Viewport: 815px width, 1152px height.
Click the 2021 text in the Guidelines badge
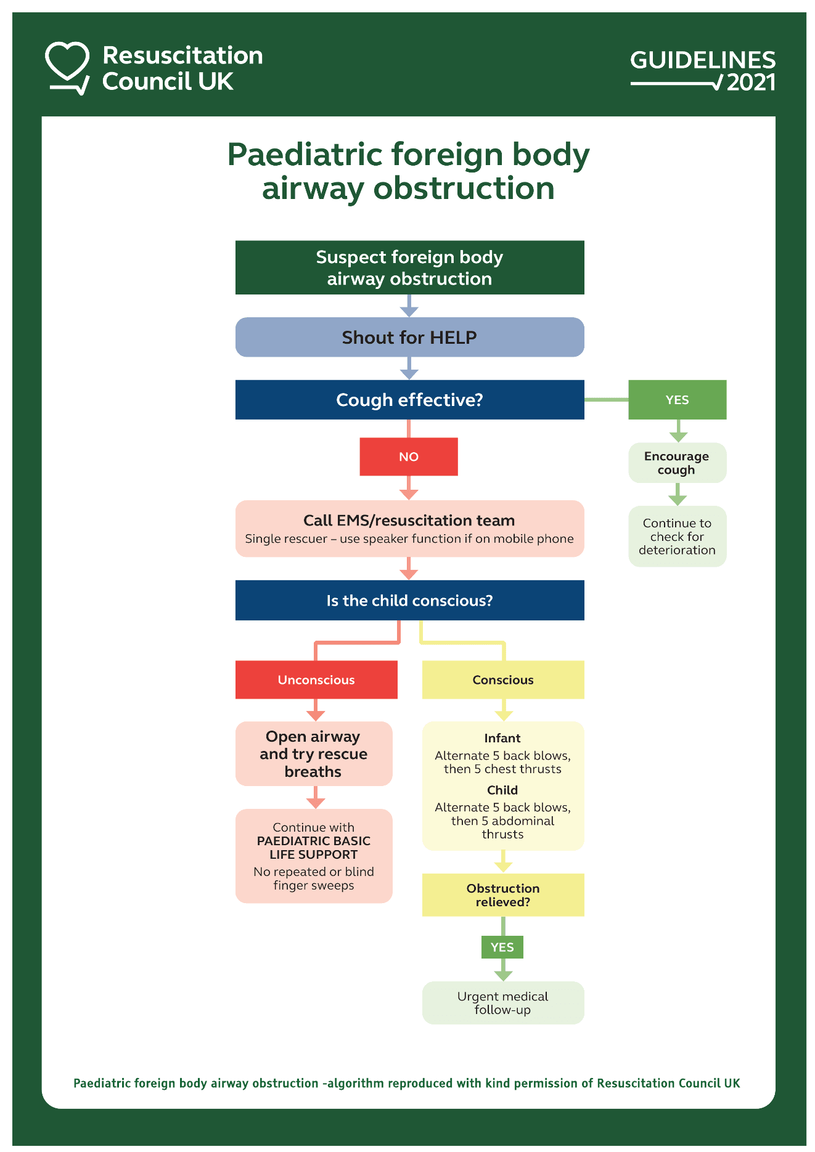(750, 83)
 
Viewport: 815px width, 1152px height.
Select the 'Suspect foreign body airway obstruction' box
(409, 267)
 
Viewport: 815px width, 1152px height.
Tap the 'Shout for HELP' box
(409, 337)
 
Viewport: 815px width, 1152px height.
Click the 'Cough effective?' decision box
(409, 400)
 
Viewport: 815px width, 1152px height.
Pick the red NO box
(409, 456)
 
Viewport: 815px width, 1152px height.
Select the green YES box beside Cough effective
(677, 400)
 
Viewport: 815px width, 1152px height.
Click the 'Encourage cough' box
(677, 463)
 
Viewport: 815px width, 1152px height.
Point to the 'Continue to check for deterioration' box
(677, 537)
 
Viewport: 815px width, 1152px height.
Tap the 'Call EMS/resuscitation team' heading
(409, 521)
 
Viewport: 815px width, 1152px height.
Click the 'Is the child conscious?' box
(409, 601)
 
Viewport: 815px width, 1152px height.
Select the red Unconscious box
(316, 679)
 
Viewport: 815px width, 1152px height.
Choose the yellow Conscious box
(503, 679)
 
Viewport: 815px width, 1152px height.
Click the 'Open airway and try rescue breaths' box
(314, 753)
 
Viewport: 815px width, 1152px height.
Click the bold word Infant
(502, 738)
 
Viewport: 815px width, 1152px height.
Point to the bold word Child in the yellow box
(502, 790)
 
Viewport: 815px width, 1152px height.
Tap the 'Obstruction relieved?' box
(503, 894)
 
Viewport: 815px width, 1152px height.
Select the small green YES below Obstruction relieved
(502, 947)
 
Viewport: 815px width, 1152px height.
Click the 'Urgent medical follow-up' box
(503, 1003)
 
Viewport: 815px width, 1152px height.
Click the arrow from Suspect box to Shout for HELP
(409, 306)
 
